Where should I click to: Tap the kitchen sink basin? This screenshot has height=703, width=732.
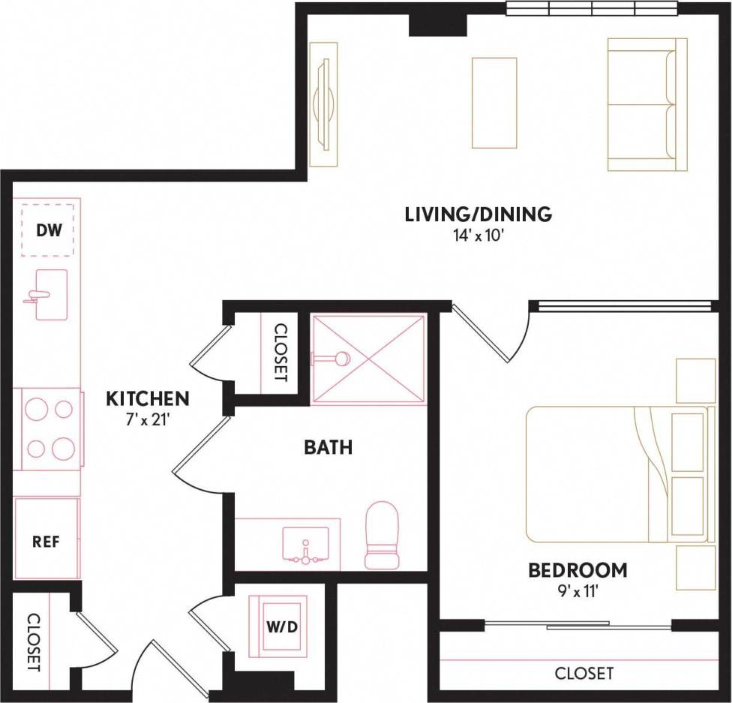50,295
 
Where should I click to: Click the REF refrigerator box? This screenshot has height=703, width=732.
46,540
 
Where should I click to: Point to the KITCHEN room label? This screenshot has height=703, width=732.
147,398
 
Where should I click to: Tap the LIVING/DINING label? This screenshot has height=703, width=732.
478,215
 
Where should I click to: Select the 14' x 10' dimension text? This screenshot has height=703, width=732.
478,236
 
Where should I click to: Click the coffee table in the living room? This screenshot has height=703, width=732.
494,103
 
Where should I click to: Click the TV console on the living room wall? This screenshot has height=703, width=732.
323,104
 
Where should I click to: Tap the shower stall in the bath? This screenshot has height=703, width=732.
368,359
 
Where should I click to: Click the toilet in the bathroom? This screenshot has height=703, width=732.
381,534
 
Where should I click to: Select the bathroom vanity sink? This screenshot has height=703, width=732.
305,543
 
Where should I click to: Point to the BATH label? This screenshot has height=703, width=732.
328,448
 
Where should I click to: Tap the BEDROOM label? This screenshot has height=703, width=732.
577,570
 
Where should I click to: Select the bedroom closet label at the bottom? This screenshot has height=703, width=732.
583,673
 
